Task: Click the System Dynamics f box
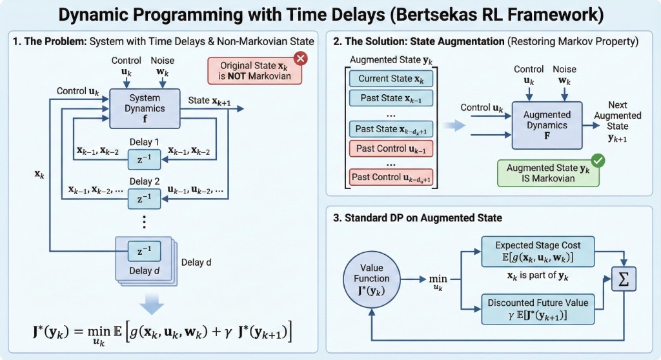[x=145, y=108]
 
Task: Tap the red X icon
[x=300, y=59]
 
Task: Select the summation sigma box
[x=624, y=279]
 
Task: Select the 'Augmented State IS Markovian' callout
[x=548, y=173]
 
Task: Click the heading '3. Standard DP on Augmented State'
[x=418, y=218]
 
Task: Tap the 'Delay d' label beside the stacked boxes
[x=196, y=263]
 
